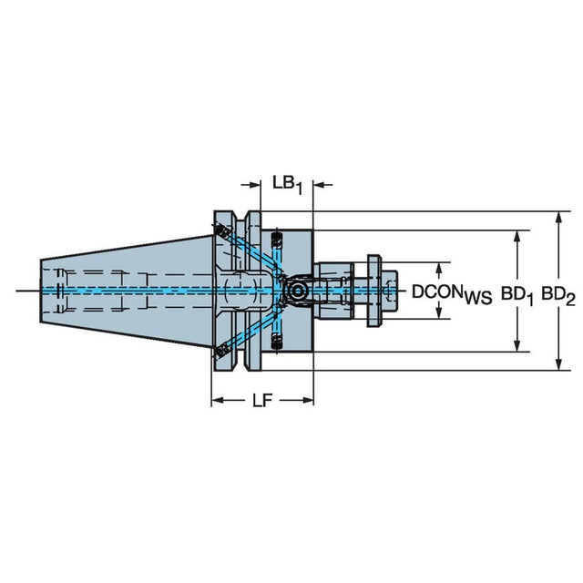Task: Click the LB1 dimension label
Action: [287, 185]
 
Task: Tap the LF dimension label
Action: [262, 401]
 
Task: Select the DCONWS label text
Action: [452, 293]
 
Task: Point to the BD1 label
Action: [517, 295]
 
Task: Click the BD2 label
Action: [558, 295]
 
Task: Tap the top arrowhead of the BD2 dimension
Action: [558, 218]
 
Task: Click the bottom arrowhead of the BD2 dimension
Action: [558, 363]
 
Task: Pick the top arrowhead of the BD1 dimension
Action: [517, 237]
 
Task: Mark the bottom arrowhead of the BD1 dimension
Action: [517, 345]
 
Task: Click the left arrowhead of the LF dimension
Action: [218, 401]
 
